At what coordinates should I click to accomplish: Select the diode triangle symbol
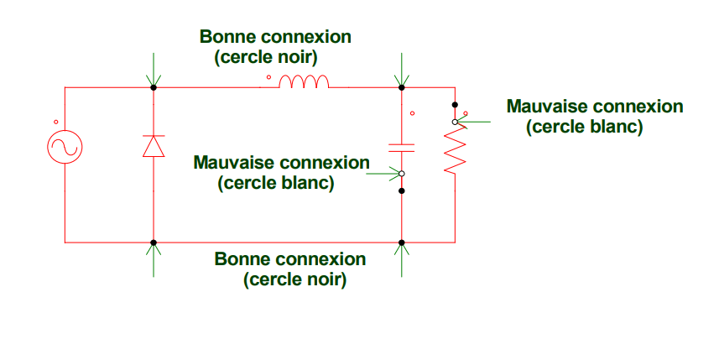(153, 147)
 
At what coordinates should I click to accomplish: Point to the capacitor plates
(402, 147)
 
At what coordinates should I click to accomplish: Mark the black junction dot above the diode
(153, 87)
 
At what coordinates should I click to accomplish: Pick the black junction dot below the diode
(153, 243)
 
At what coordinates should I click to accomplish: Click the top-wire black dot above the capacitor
(402, 87)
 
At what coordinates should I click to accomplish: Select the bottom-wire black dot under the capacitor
(402, 243)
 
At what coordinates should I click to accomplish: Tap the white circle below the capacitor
(402, 175)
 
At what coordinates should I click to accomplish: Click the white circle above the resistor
(455, 122)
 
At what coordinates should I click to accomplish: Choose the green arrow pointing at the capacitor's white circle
(387, 175)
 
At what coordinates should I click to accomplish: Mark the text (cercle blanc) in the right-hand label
(585, 128)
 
